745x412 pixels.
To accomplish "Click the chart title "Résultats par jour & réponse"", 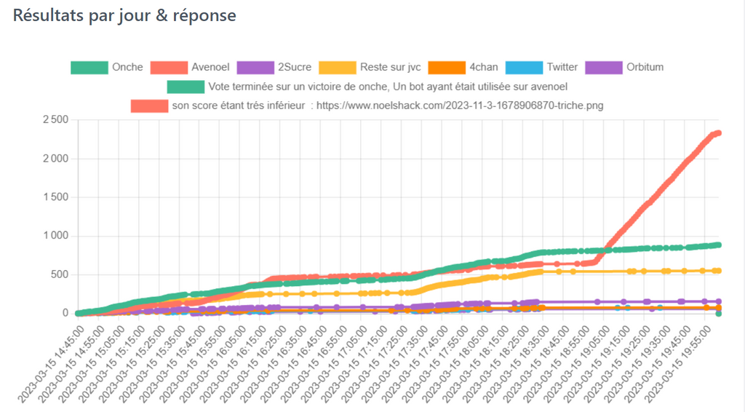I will point(124,15).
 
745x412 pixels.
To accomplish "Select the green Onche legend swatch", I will point(89,68).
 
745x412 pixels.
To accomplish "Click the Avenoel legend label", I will point(210,68).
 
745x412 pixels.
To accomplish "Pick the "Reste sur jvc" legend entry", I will point(390,68).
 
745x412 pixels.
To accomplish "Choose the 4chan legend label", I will point(484,68).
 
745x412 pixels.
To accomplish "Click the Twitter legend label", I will point(562,68).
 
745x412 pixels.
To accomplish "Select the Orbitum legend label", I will point(645,68).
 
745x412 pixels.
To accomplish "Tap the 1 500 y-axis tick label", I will point(54,197).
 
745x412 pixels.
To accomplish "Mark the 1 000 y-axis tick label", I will point(54,236).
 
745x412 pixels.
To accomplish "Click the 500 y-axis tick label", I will point(59,274).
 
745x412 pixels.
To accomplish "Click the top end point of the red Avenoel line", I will point(717,132).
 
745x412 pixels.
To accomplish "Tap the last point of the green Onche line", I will point(717,245).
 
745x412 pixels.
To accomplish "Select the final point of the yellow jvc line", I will point(717,271).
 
